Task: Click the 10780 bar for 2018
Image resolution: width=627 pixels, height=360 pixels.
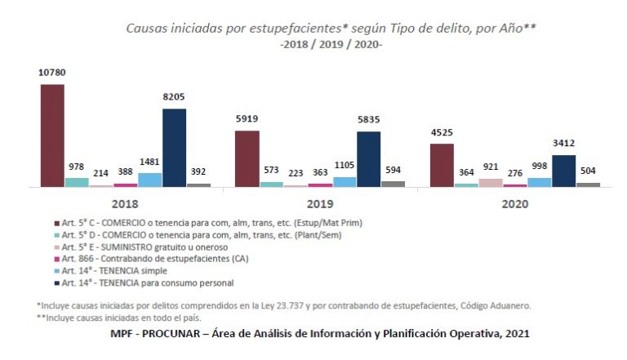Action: [x=52, y=136]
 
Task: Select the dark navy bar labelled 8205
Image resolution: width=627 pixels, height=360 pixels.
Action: [x=174, y=148]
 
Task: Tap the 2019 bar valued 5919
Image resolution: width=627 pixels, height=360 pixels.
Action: [x=247, y=158]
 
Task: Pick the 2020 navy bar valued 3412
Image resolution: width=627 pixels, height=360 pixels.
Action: [x=563, y=171]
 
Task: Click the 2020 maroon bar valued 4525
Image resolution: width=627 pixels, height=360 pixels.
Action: [x=442, y=165]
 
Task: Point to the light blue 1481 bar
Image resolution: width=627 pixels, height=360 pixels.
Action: [x=149, y=180]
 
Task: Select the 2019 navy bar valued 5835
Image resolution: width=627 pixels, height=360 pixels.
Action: [x=368, y=159]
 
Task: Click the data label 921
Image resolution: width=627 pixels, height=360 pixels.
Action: [x=490, y=168]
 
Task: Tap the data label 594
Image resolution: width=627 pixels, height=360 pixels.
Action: [x=393, y=171]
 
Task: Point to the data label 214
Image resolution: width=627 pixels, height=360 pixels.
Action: [x=101, y=175]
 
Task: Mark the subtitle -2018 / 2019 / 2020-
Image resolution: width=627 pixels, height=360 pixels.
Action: [x=330, y=44]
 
